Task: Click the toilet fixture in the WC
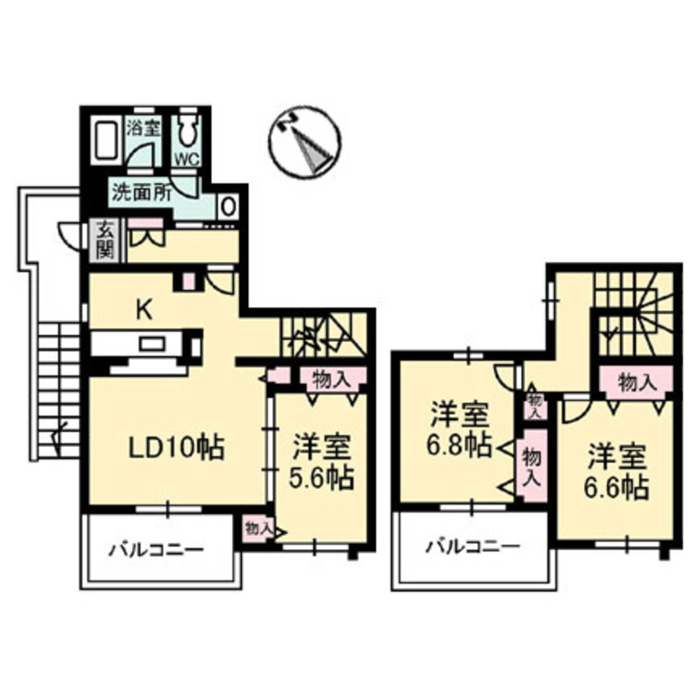coord(187,131)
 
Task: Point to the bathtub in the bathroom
coord(106,141)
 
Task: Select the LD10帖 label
coord(177,449)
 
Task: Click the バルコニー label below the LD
coord(156,551)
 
